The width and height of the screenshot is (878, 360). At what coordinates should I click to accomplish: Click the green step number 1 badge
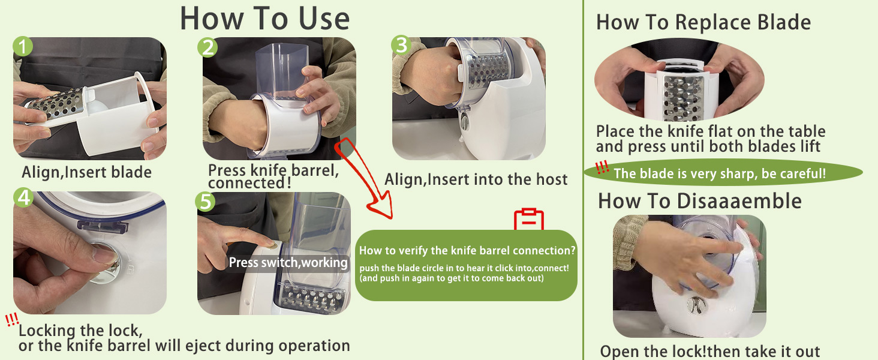(x=23, y=46)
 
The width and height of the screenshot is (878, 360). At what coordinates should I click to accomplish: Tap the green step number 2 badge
(x=208, y=47)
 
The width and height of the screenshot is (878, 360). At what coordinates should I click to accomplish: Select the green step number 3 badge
(x=401, y=45)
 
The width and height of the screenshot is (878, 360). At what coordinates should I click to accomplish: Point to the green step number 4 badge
(x=23, y=197)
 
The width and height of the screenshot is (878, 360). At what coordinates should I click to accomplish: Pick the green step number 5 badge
(x=205, y=202)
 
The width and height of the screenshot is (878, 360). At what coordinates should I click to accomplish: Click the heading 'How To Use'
(x=264, y=19)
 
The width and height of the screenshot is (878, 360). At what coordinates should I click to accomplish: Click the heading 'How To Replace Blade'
(x=703, y=22)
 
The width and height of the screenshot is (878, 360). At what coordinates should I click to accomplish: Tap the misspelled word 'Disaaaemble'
(x=739, y=201)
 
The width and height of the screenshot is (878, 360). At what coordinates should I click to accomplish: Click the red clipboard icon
(x=529, y=219)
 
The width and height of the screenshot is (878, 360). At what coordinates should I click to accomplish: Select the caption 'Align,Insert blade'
(x=86, y=172)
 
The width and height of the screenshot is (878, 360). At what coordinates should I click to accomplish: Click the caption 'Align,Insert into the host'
(x=476, y=179)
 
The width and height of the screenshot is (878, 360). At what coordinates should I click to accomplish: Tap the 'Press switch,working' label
(x=288, y=262)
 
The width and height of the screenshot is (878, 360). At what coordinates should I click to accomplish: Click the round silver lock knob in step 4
(x=105, y=262)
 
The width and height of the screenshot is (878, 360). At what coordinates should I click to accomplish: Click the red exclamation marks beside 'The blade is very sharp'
(x=602, y=167)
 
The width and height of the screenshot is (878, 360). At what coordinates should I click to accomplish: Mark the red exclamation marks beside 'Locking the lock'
(x=12, y=319)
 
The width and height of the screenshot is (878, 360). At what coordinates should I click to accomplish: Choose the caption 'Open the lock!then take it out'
(x=710, y=352)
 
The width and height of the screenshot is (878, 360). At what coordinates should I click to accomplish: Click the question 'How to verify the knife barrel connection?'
(x=467, y=251)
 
